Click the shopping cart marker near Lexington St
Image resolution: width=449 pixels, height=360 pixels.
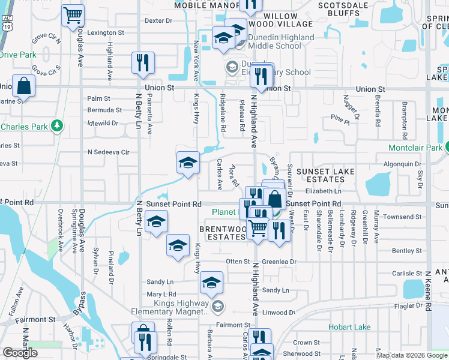pos(73,16)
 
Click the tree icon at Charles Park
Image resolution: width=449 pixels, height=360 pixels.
pos(56,125)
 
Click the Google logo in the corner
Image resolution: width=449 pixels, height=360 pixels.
pos(20,353)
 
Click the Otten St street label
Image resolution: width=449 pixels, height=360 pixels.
pos(237,262)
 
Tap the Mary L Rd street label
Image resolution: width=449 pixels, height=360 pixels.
pos(161,295)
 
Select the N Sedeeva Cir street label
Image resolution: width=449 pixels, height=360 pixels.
pos(108,152)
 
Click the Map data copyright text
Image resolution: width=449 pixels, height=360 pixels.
pos(411,355)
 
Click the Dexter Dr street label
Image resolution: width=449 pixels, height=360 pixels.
pos(158,20)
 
